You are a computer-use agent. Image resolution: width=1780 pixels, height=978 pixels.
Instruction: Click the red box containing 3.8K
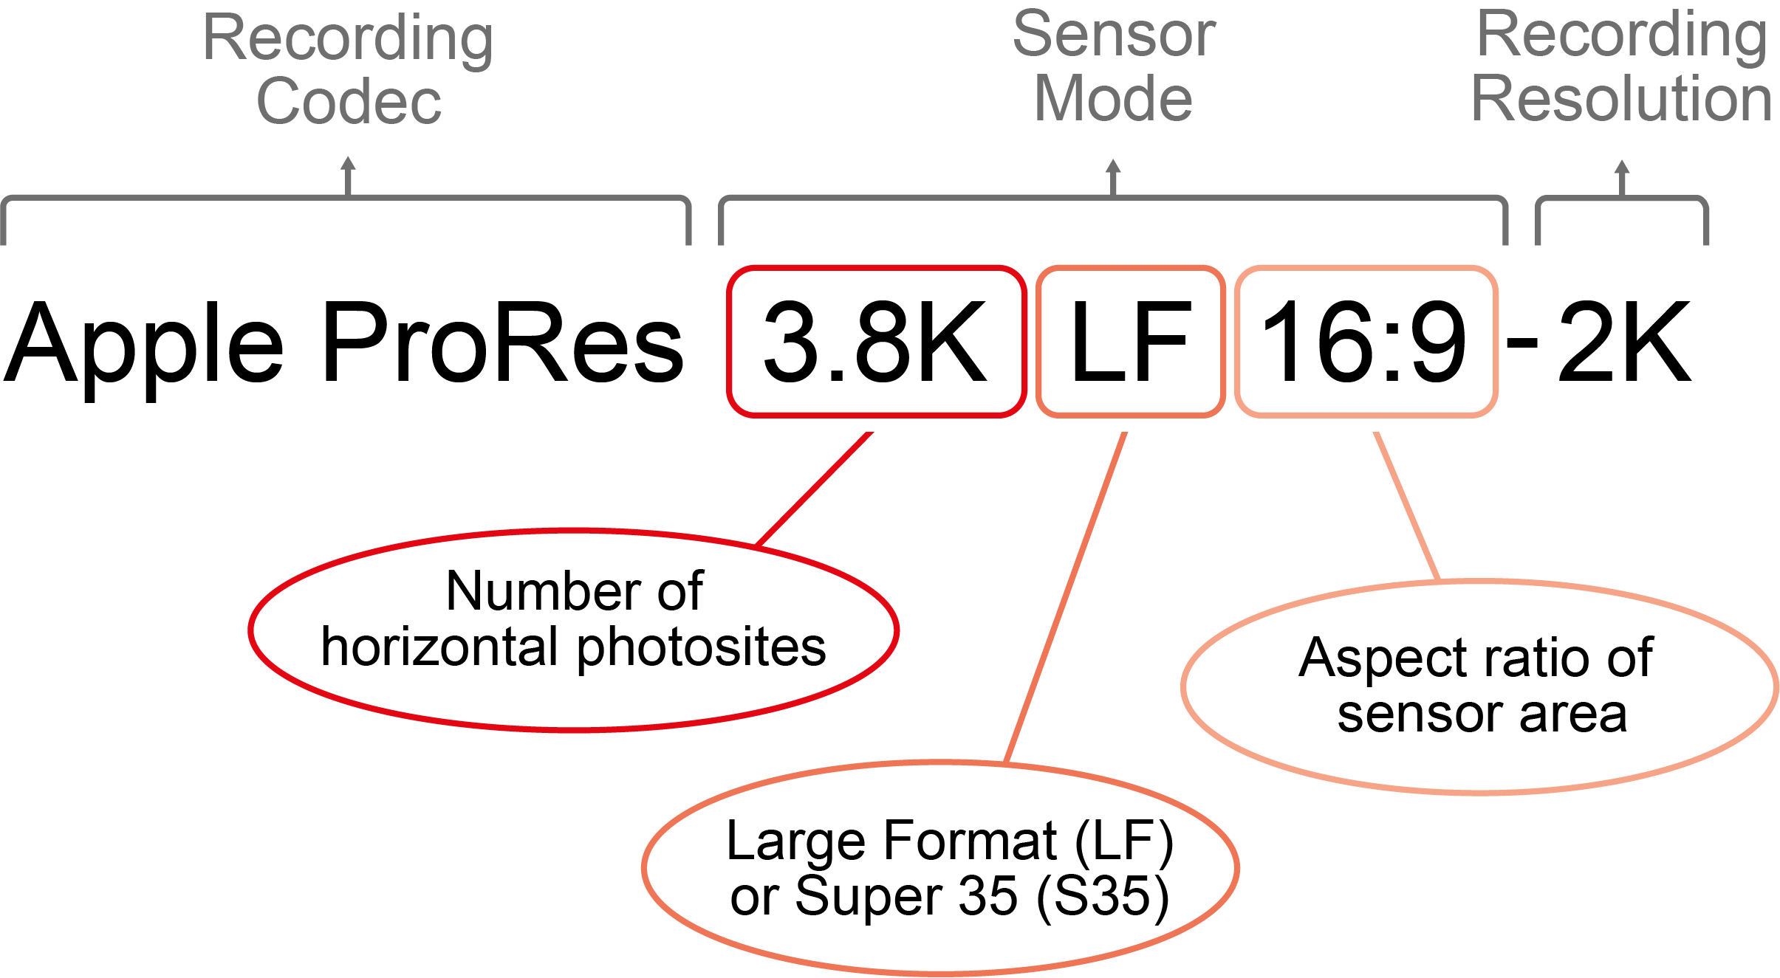click(x=876, y=342)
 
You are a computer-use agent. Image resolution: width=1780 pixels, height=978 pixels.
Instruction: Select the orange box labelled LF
click(x=1130, y=342)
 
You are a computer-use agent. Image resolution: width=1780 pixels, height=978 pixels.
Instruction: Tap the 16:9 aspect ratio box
click(x=1366, y=342)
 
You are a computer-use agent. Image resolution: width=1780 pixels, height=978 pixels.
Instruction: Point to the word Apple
click(x=144, y=345)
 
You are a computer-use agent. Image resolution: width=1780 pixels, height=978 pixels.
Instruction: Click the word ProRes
click(x=503, y=342)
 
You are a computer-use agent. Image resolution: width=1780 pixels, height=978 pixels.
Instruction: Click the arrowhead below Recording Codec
click(x=348, y=164)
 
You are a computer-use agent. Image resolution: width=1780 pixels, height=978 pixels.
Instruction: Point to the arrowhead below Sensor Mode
click(x=1113, y=167)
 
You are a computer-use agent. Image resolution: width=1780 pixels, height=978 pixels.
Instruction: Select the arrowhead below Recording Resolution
click(x=1622, y=167)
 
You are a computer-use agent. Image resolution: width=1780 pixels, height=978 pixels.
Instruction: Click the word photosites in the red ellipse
click(x=701, y=647)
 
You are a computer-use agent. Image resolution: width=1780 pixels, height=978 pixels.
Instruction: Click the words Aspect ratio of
click(x=1475, y=657)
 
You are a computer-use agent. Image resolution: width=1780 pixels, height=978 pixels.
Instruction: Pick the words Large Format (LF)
click(x=949, y=841)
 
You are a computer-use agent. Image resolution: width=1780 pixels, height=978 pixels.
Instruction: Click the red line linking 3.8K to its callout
click(x=814, y=489)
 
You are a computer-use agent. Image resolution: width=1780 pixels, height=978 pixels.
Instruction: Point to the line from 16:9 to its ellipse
click(x=1406, y=506)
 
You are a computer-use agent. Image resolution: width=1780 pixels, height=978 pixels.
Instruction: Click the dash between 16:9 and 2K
click(x=1522, y=344)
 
